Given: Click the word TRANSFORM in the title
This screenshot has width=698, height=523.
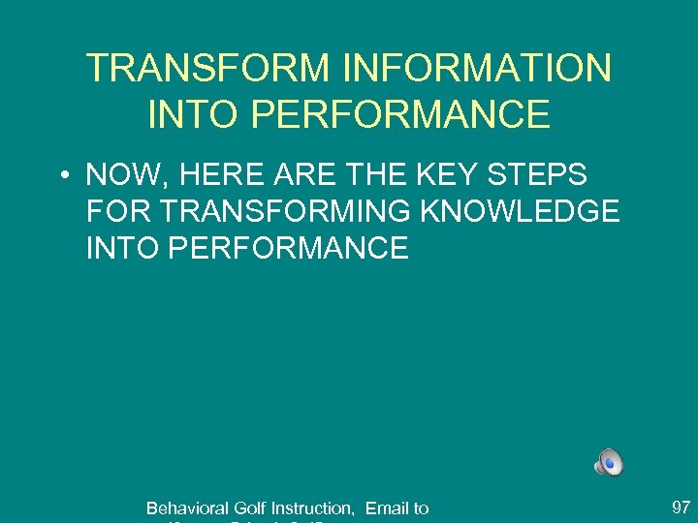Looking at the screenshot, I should (x=206, y=69).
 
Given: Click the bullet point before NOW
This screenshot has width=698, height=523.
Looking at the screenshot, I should (x=61, y=176).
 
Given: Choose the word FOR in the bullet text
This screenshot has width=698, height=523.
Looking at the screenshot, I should (x=115, y=211).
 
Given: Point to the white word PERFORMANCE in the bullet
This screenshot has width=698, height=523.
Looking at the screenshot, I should (x=288, y=247).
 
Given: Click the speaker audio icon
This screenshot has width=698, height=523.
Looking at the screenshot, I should (x=609, y=463).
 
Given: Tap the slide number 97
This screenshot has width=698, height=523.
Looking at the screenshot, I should (x=681, y=507).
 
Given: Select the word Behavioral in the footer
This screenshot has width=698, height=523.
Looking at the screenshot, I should (x=188, y=508).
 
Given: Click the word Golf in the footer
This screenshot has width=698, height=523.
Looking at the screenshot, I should (x=251, y=508).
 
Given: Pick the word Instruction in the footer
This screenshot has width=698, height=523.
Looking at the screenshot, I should (x=312, y=508).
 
